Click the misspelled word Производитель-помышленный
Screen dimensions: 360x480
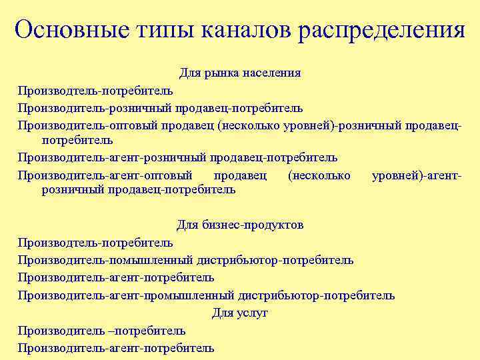pos(106,260)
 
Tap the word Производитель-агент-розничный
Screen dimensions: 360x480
pos(112,158)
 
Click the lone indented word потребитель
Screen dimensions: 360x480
pos(77,141)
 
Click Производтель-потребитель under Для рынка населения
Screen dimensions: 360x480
pos(95,91)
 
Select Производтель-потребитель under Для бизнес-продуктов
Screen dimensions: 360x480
pos(95,243)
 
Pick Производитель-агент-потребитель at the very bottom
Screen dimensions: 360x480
pos(116,347)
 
